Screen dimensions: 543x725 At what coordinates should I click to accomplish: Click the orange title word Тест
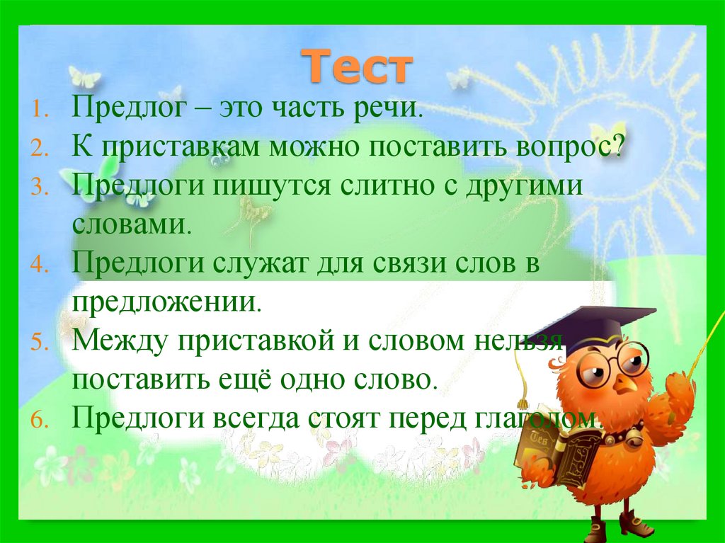360,69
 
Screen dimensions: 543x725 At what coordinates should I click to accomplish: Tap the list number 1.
38,112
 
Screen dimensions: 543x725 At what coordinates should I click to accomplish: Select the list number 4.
38,266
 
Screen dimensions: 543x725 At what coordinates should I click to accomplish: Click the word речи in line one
389,110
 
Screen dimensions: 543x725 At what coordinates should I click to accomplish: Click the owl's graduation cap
602,322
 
